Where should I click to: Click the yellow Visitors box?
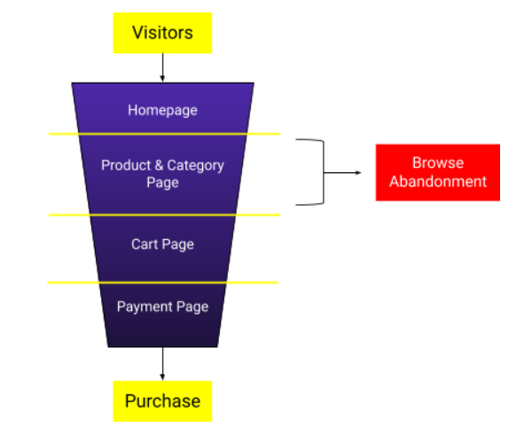[x=162, y=34]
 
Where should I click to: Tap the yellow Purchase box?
[x=162, y=401]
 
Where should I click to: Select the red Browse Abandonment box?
[x=437, y=172]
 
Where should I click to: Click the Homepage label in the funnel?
[x=162, y=110]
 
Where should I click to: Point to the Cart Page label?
[x=162, y=244]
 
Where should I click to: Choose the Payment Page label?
[x=162, y=306]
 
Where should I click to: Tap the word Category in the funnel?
[x=195, y=165]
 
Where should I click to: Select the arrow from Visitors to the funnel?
[x=162, y=67]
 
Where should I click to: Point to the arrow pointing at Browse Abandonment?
[x=346, y=172]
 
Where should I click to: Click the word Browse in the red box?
[x=437, y=163]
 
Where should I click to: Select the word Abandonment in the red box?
[x=437, y=181]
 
